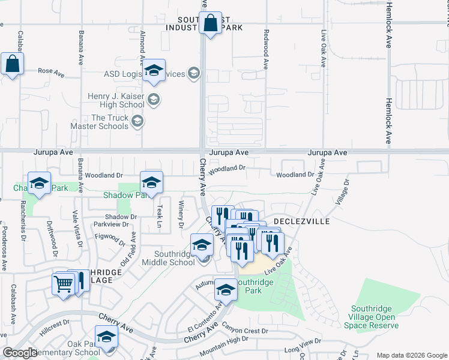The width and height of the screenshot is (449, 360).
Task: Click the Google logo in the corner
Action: (20, 353)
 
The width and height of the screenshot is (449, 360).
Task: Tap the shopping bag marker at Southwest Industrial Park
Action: (210, 25)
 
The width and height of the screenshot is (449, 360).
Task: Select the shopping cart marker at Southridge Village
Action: (64, 284)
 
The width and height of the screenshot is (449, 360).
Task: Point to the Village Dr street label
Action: (342, 192)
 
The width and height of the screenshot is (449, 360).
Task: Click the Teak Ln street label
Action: (160, 211)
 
